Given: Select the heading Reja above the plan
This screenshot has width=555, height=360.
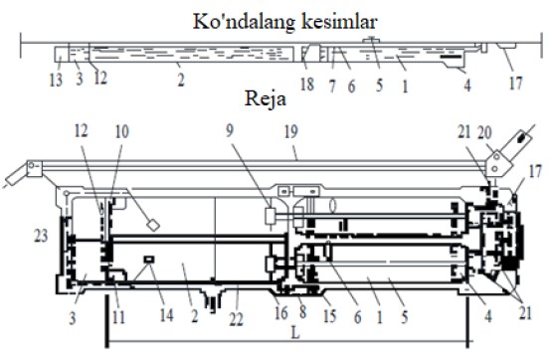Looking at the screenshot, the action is click(x=266, y=98).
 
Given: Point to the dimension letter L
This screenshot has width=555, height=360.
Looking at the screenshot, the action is click(x=294, y=333).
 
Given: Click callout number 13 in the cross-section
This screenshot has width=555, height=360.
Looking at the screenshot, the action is click(x=56, y=80).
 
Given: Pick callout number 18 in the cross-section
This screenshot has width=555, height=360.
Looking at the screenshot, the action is click(x=307, y=85).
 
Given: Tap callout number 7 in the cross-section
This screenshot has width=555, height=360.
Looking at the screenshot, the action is click(x=332, y=86).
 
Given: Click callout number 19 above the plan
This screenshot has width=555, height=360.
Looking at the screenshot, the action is click(x=291, y=132).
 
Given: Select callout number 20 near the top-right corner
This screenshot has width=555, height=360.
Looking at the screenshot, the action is click(x=484, y=132).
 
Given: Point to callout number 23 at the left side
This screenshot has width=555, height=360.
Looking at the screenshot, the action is click(x=41, y=236).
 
